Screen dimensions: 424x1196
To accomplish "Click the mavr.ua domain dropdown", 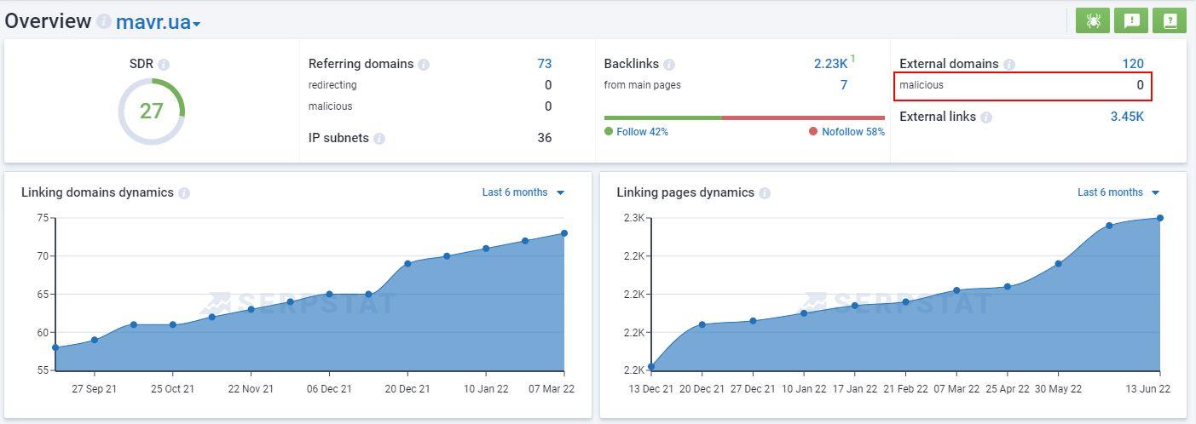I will point(158,22).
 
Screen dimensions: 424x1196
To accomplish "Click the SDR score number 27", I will point(151,111).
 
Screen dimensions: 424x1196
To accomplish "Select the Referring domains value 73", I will point(544,64).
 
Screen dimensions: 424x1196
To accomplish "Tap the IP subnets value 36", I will point(544,138).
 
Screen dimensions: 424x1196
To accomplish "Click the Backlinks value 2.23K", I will point(830,64).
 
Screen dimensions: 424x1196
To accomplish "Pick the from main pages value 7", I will point(843,85).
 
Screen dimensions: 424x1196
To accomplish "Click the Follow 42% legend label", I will point(641,132).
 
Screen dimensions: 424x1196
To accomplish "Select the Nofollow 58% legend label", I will point(852,132).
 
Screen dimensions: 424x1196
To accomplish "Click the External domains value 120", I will point(1132,64).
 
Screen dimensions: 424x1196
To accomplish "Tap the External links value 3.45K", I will point(1126,117).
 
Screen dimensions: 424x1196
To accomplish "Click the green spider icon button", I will point(1092,21).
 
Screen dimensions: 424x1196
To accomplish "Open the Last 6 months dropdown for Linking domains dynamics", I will point(523,192).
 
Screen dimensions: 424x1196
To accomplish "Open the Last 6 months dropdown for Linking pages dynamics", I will point(1118,192).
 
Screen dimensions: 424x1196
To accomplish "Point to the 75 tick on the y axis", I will point(42,218).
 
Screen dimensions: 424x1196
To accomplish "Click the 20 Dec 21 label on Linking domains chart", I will point(407,389).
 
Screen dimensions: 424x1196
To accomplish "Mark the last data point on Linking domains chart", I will point(564,233).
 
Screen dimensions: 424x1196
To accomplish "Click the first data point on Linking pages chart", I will point(651,367).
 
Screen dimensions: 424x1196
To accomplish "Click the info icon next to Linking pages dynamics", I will point(765,193).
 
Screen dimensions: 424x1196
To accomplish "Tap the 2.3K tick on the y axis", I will point(633,218).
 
